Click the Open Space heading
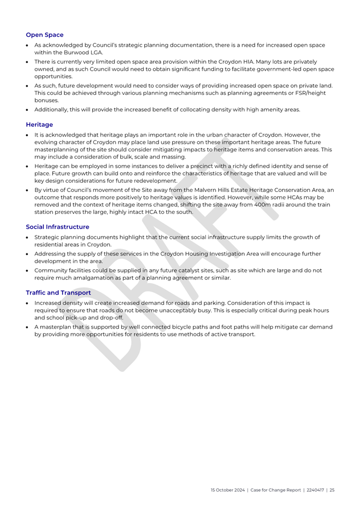[x=44, y=35]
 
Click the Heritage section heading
[x=40, y=125]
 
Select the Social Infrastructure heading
[x=57, y=226]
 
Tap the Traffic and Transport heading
[x=58, y=292]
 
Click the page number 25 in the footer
[x=332, y=490]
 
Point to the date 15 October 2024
[x=228, y=490]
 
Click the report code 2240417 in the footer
[x=314, y=490]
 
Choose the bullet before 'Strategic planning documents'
[x=28, y=237]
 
